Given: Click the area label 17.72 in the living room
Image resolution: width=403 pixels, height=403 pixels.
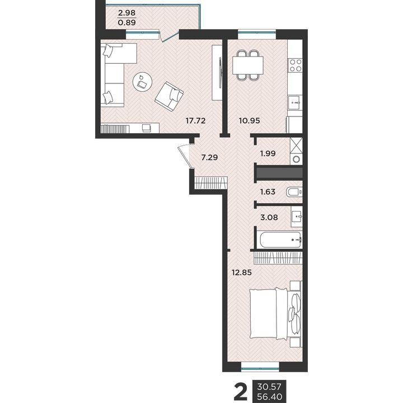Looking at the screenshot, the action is (x=195, y=120).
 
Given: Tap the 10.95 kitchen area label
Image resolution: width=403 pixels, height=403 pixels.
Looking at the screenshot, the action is (x=249, y=120).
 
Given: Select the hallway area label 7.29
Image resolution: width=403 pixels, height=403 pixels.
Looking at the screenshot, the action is (x=209, y=157).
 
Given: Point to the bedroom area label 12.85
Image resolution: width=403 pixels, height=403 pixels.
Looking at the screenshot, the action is (x=242, y=273).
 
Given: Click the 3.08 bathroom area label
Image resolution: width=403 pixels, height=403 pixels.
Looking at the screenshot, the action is (x=269, y=217).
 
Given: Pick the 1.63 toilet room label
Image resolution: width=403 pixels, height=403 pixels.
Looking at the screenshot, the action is (x=268, y=192).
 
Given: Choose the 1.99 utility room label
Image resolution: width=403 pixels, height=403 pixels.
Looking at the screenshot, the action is (x=268, y=154).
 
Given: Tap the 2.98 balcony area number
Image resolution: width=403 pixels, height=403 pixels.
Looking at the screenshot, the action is (x=126, y=12).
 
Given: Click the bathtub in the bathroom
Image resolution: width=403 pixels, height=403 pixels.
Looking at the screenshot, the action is (x=280, y=240).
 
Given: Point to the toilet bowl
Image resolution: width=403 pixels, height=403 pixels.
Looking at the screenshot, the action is (x=294, y=192).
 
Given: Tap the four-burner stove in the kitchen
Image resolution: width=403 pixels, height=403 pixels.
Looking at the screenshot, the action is (x=296, y=65).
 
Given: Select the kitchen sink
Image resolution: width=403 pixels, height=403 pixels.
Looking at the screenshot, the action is (x=296, y=103).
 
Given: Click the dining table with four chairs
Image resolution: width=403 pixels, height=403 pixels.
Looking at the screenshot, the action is (x=248, y=65).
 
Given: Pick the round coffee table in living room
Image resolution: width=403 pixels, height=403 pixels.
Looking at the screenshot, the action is (x=142, y=82).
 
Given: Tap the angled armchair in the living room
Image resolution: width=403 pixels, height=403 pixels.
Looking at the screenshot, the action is (x=169, y=96).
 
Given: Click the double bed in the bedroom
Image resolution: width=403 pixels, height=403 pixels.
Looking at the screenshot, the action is (x=275, y=313).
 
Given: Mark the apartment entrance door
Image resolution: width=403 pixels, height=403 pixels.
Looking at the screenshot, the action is (x=186, y=157).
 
